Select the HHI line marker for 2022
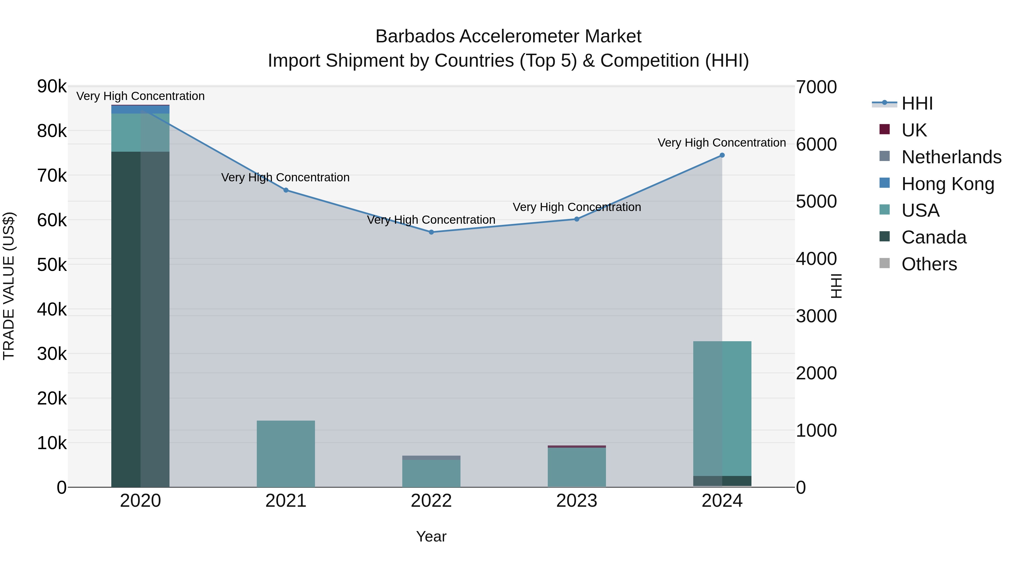[x=431, y=232]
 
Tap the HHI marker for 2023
[x=576, y=219]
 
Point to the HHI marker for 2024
[x=722, y=155]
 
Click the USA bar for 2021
[x=286, y=454]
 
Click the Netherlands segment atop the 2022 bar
[x=431, y=458]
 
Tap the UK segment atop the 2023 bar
[x=576, y=447]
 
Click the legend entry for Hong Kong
[x=948, y=184]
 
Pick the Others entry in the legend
[x=929, y=264]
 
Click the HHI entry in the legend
[x=917, y=103]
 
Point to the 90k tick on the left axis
[x=52, y=86]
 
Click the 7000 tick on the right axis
[x=816, y=87]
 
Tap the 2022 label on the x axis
[x=431, y=501]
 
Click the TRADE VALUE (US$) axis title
[x=9, y=286]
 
